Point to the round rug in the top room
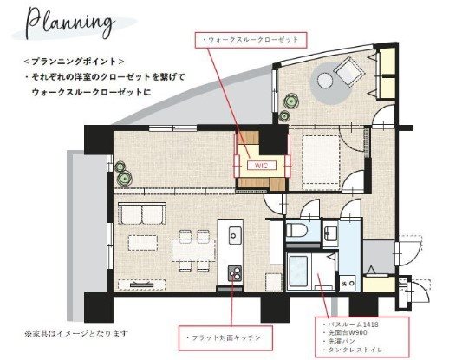coord(325,82)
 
